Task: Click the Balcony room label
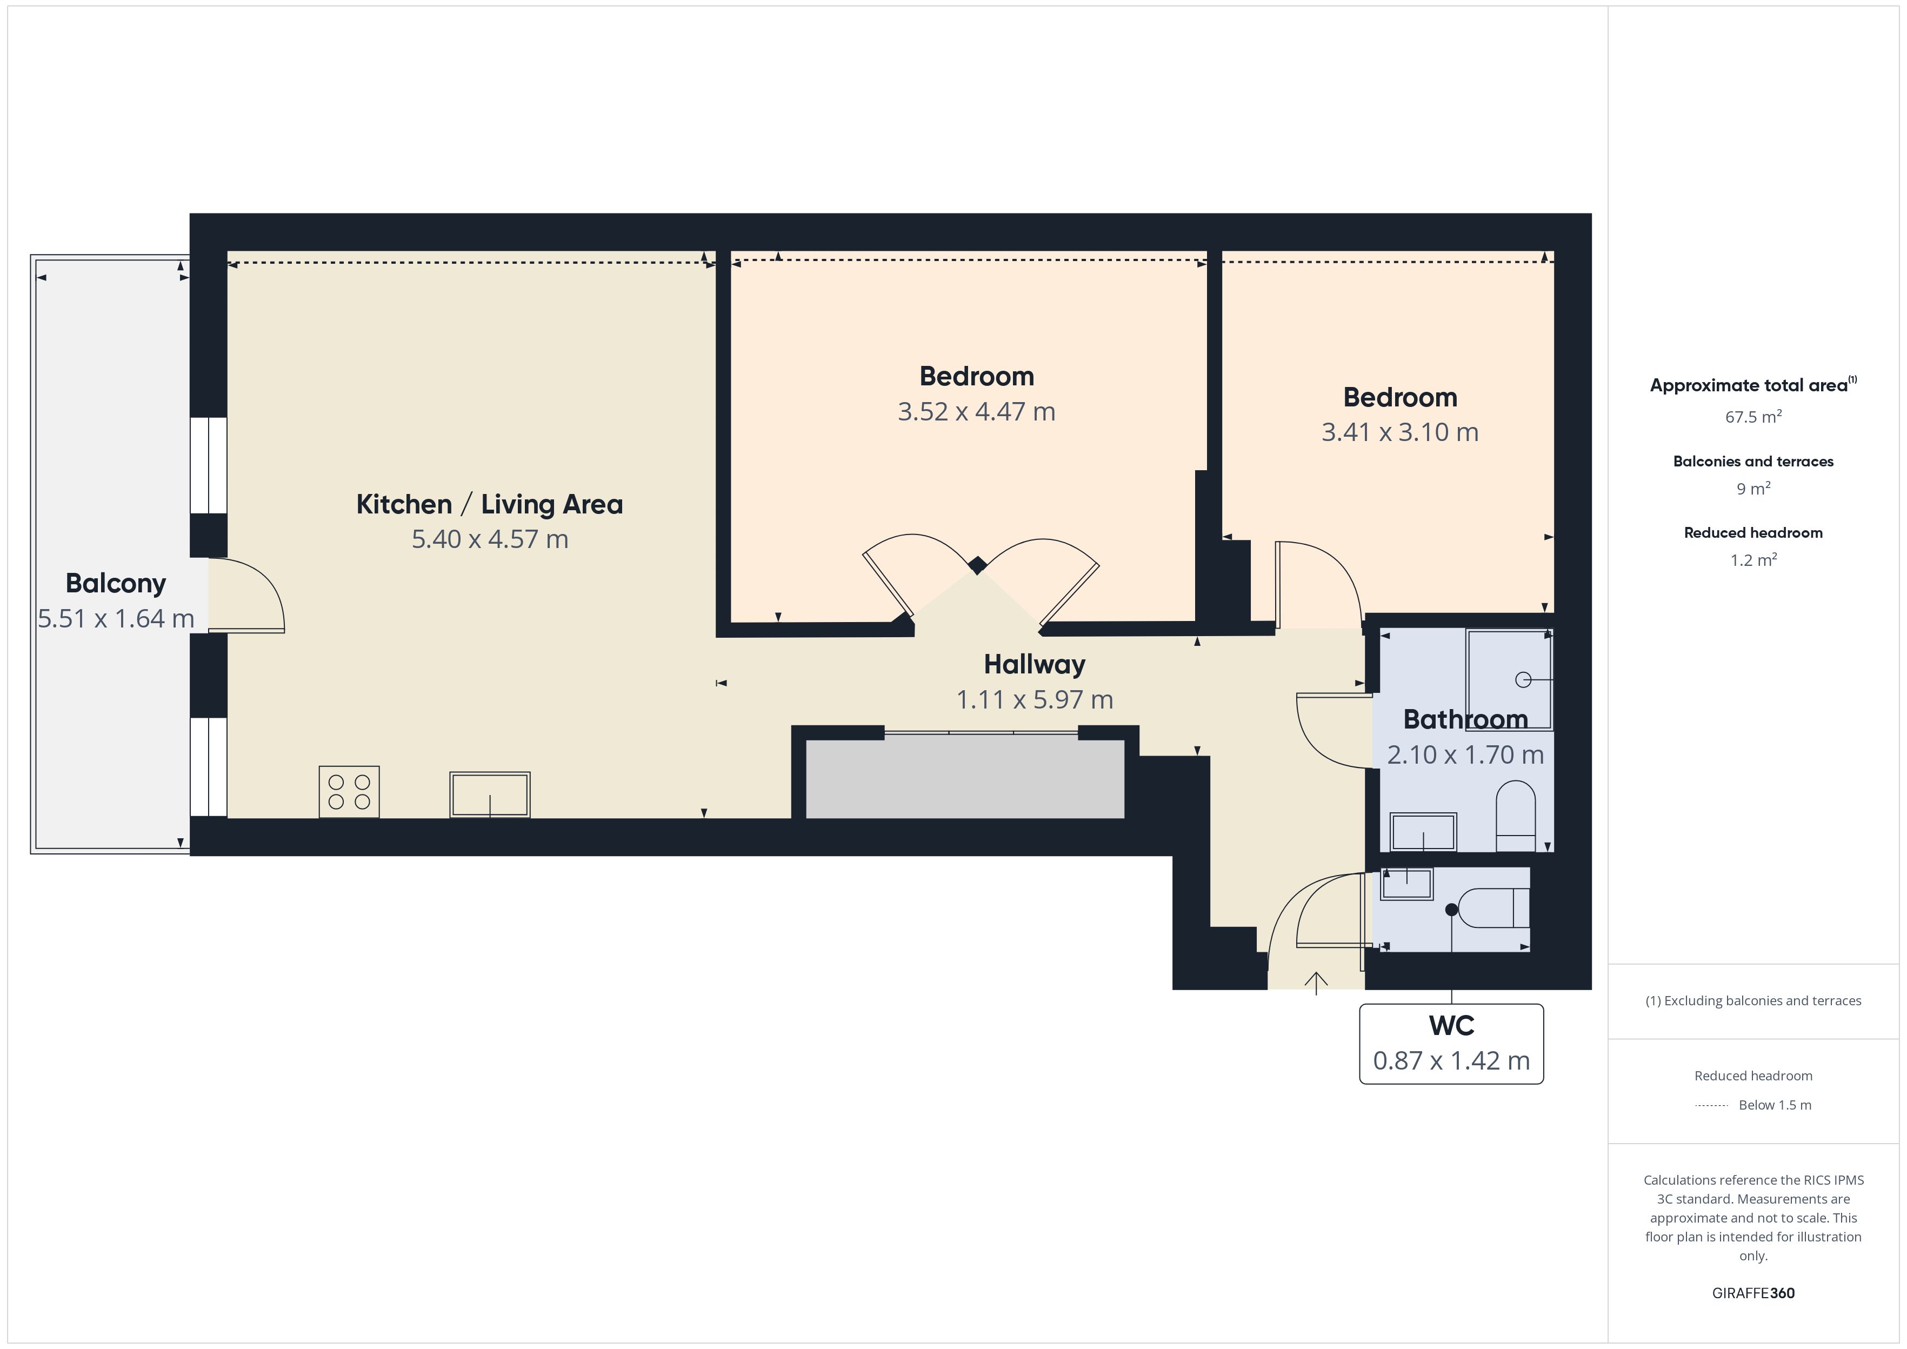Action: click(116, 583)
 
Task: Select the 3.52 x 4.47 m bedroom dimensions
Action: click(977, 411)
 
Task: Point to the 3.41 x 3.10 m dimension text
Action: click(1401, 432)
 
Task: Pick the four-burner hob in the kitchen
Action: click(349, 792)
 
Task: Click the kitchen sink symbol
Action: click(490, 795)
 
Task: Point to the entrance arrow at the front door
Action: click(1316, 982)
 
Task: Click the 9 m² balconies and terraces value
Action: click(1753, 489)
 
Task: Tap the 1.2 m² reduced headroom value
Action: click(1753, 560)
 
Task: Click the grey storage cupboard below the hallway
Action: click(965, 779)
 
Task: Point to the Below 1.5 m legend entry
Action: click(1775, 1105)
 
